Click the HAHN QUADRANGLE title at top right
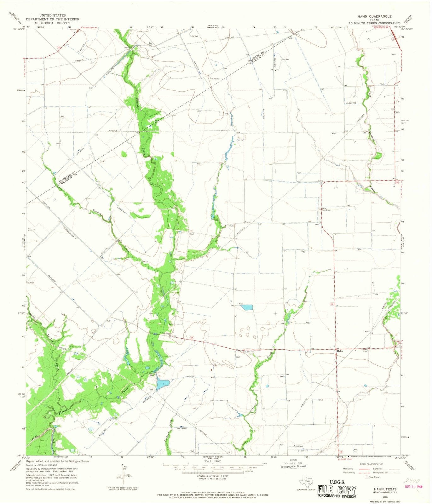[374, 16]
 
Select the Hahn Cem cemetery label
[365, 350]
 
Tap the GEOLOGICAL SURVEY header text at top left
[52, 23]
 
